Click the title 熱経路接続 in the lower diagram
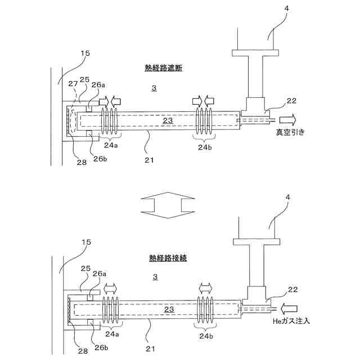pyautogui.click(x=168, y=258)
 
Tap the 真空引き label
pyautogui.click(x=290, y=133)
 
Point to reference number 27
pyautogui.click(x=73, y=84)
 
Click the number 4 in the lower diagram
pyautogui.click(x=272, y=198)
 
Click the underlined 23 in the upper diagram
pyautogui.click(x=168, y=120)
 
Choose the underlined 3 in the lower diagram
pyautogui.click(x=155, y=277)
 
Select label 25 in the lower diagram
pyautogui.click(x=86, y=269)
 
